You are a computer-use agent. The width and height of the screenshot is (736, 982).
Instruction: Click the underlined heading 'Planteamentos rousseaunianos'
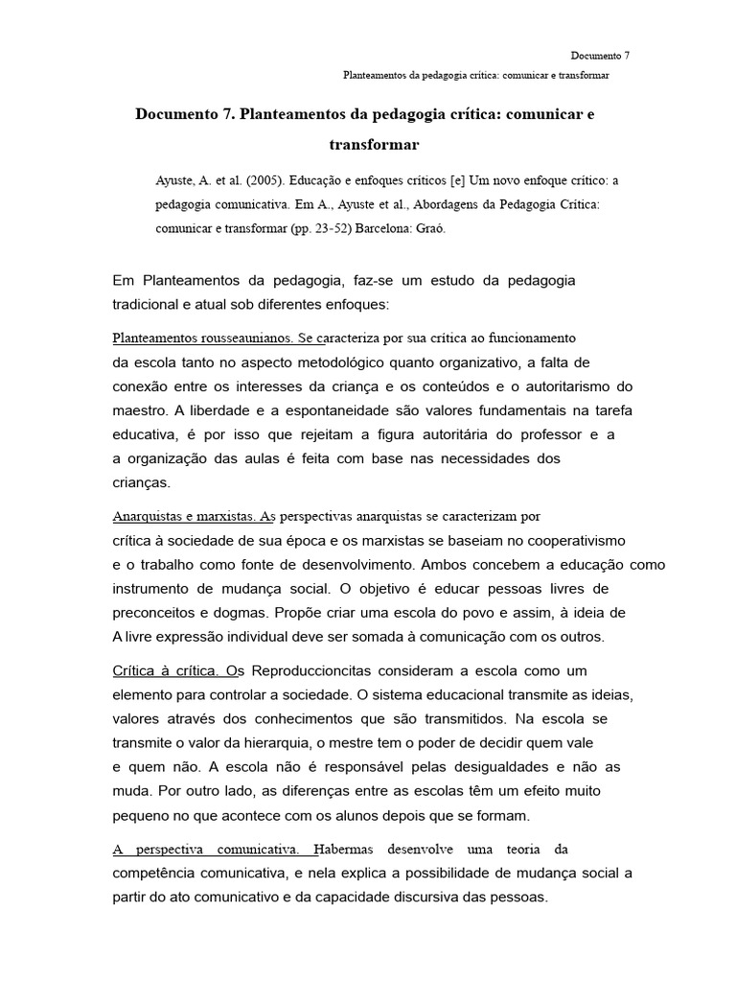pos(203,339)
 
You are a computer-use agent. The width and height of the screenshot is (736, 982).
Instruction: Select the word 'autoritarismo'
pos(567,386)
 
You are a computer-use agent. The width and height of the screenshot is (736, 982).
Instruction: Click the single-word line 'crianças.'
pos(141,482)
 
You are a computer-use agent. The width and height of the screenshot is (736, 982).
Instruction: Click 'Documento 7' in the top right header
pos(600,56)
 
